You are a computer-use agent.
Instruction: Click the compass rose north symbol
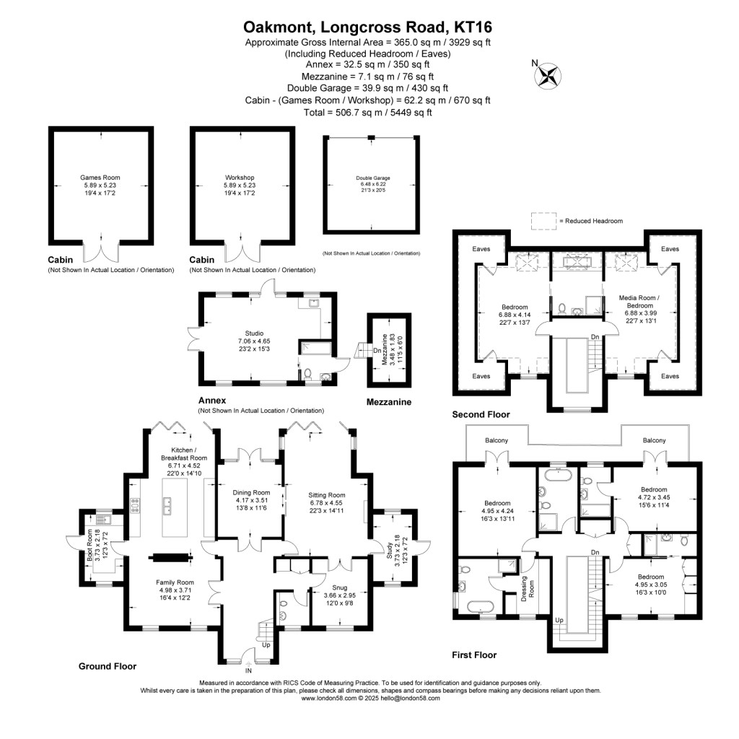(548, 75)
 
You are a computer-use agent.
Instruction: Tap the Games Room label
(100, 178)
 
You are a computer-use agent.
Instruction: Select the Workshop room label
(240, 178)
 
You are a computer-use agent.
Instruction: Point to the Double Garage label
(373, 178)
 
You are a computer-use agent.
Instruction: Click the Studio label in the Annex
(254, 333)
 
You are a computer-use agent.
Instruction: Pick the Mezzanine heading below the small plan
(389, 402)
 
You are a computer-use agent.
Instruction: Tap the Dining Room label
(251, 492)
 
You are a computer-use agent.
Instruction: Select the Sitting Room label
(327, 495)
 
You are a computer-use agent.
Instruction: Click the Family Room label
(175, 582)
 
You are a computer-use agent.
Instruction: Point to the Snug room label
(339, 587)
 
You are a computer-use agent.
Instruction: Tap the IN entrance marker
(248, 670)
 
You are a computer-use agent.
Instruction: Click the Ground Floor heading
(108, 666)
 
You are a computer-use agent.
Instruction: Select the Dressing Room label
(528, 587)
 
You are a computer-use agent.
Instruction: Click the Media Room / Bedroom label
(639, 302)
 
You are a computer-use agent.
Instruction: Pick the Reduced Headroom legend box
(544, 221)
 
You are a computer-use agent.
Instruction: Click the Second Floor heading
(481, 414)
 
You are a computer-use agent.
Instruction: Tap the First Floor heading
(474, 655)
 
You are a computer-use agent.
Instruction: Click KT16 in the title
(473, 27)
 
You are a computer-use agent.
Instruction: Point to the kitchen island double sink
(167, 505)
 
